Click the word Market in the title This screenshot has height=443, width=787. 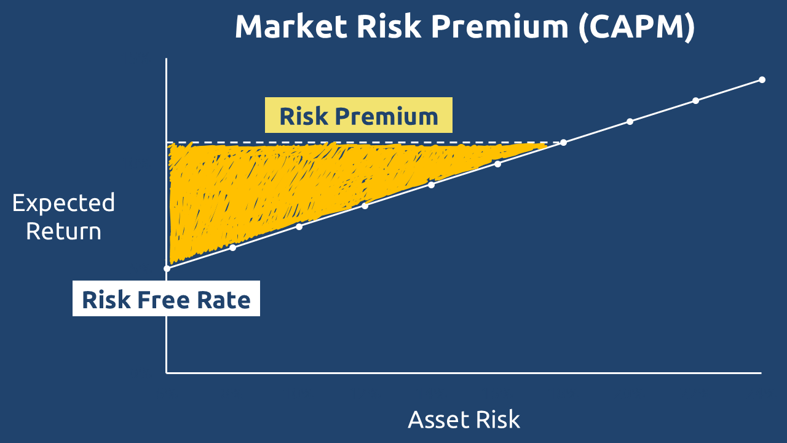click(291, 26)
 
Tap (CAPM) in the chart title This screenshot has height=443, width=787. click(636, 28)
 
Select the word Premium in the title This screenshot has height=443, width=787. click(500, 26)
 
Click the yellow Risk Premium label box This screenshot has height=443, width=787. click(358, 115)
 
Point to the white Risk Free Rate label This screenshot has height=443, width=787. click(166, 298)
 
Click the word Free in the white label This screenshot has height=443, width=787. click(164, 300)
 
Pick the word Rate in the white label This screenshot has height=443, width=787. click(224, 300)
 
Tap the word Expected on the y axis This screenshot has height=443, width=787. click(63, 203)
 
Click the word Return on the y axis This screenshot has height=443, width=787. click(63, 231)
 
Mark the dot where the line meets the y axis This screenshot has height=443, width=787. click(167, 269)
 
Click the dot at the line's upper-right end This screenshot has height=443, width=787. click(762, 80)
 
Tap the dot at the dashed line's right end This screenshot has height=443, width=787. click(564, 142)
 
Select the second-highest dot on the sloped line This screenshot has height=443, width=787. click(695, 101)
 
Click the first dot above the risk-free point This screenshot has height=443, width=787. click(232, 248)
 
